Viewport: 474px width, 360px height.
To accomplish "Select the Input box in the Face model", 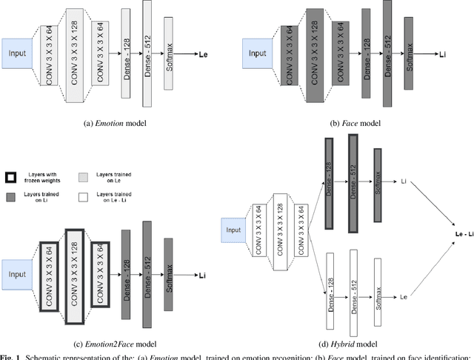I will tap(257, 53).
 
